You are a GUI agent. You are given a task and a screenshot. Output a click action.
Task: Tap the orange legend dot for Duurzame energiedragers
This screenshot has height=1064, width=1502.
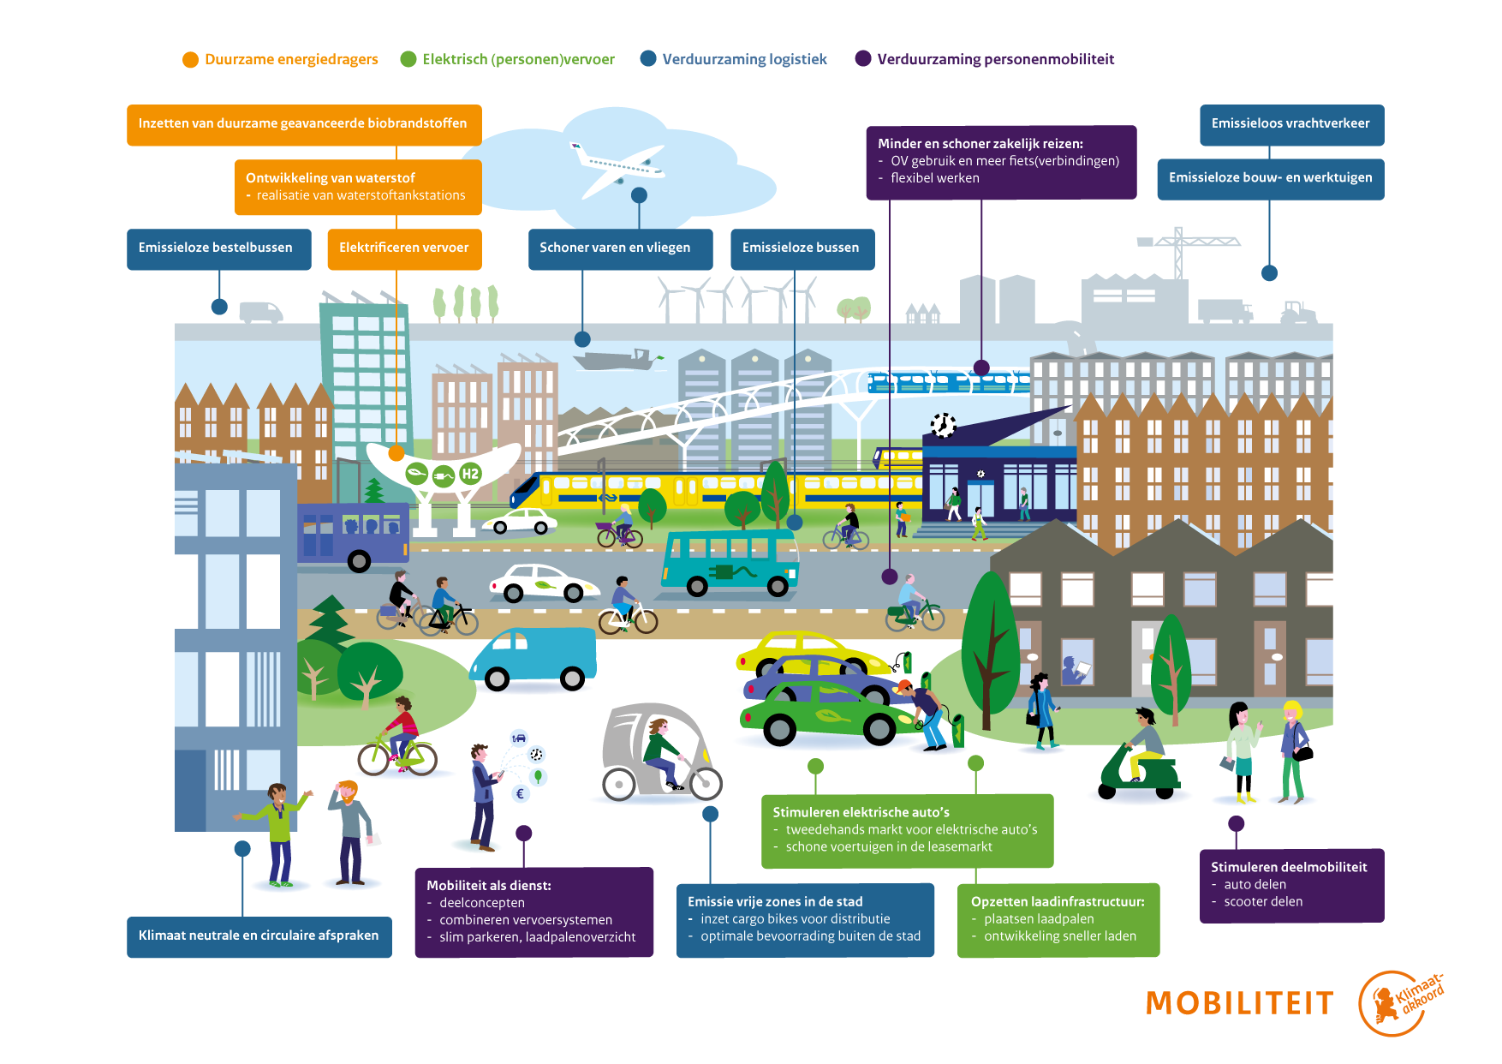pyautogui.click(x=190, y=59)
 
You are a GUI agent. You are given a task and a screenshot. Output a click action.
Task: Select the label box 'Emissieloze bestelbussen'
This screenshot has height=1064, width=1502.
pyautogui.click(x=219, y=248)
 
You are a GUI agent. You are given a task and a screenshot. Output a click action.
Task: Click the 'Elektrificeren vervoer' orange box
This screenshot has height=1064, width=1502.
pyautogui.click(x=404, y=248)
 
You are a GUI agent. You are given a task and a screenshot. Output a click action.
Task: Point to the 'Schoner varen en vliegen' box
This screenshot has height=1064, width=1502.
pyautogui.click(x=620, y=248)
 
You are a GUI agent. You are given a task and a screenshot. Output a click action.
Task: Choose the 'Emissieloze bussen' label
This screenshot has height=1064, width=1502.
pyautogui.click(x=802, y=248)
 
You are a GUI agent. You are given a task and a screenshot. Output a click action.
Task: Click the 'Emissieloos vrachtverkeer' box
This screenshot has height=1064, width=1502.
pyautogui.click(x=1292, y=125)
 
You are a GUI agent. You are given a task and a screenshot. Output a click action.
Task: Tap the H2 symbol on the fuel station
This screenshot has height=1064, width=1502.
pyautogui.click(x=470, y=473)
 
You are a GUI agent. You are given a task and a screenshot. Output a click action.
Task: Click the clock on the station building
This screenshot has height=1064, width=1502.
pyautogui.click(x=943, y=425)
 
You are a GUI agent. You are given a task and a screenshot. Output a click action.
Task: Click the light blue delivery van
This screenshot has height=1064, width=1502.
pyautogui.click(x=533, y=658)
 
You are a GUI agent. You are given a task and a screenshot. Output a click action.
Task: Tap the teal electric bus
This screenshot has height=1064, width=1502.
pyautogui.click(x=730, y=562)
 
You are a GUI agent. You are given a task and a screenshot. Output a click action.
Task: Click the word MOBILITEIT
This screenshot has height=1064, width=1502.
pyautogui.click(x=1240, y=1003)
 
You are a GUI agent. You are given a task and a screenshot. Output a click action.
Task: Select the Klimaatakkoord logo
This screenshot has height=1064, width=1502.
pyautogui.click(x=1401, y=1003)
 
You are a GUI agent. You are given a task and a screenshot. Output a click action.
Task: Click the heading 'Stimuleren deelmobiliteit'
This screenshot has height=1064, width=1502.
pyautogui.click(x=1289, y=867)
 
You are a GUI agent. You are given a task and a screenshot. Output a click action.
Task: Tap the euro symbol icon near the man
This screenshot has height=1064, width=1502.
pyautogui.click(x=520, y=793)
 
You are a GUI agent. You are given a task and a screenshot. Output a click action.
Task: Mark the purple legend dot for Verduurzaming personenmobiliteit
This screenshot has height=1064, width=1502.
pyautogui.click(x=863, y=58)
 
